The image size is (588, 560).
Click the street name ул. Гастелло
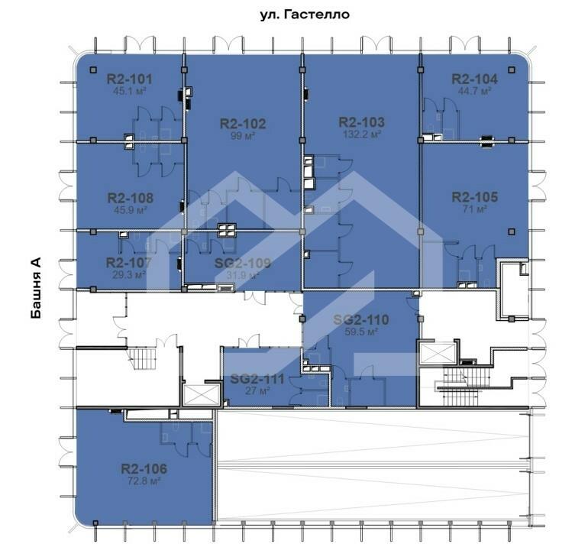point(305,15)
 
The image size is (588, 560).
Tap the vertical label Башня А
point(36,288)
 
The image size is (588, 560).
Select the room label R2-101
point(129,79)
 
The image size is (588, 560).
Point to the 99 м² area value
point(243,135)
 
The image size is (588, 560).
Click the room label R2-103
point(361,122)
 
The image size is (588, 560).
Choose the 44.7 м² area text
point(474,91)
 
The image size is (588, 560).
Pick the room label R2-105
point(475,197)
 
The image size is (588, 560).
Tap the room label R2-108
point(130,198)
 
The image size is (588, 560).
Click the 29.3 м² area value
point(128,275)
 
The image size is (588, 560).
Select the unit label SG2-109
point(243,264)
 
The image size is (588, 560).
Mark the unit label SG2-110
point(360,320)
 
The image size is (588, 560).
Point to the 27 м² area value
point(257,391)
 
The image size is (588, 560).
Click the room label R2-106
point(144,469)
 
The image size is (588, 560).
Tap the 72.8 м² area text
point(144,481)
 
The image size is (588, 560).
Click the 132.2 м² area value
point(362,134)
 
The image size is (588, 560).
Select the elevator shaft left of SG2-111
point(201,395)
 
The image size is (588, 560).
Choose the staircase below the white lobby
point(142,358)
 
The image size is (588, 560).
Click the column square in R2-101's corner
point(93,70)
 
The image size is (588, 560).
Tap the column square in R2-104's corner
point(512,70)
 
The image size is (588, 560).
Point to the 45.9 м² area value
point(130,210)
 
